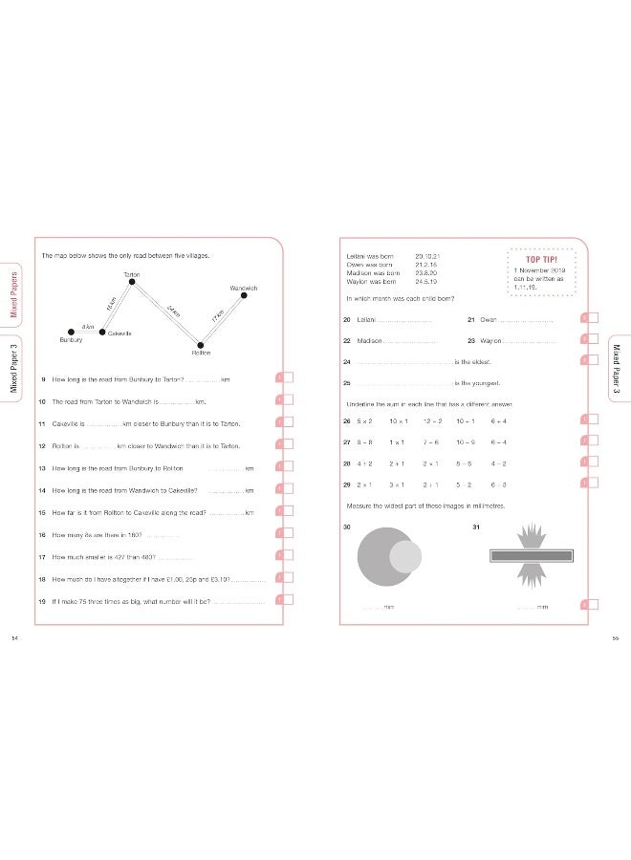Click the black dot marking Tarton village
(x=132, y=282)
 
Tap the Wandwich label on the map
(x=244, y=288)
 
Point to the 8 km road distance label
(x=87, y=326)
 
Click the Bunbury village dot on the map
(x=71, y=333)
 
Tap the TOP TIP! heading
(x=542, y=259)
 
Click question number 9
(x=43, y=380)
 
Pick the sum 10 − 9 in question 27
(x=466, y=441)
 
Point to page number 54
(x=13, y=637)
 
